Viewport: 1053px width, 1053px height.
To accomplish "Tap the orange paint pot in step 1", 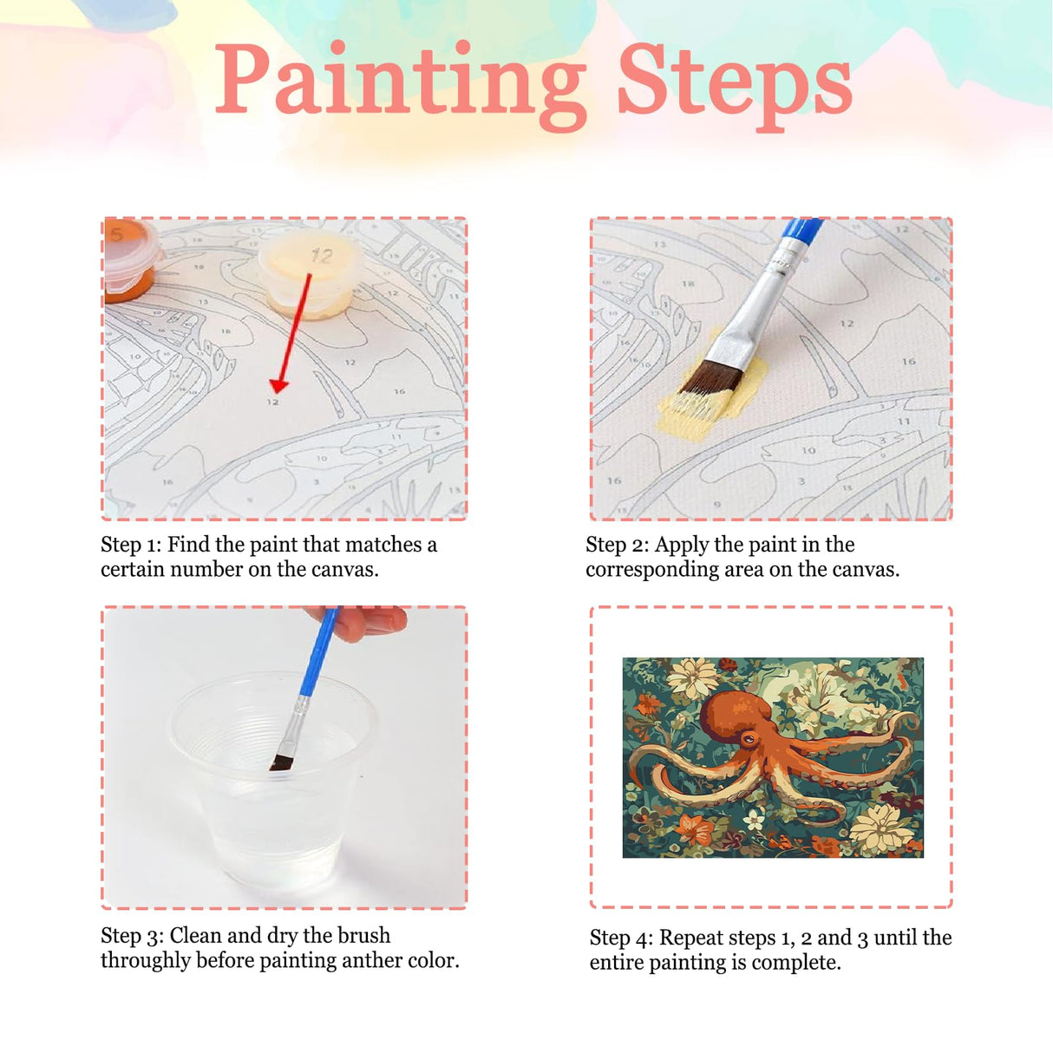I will pos(130,260).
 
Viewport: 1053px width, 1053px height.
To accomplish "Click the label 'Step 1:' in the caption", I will pos(131,545).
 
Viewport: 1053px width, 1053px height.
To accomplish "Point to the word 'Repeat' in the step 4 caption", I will pos(690,938).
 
